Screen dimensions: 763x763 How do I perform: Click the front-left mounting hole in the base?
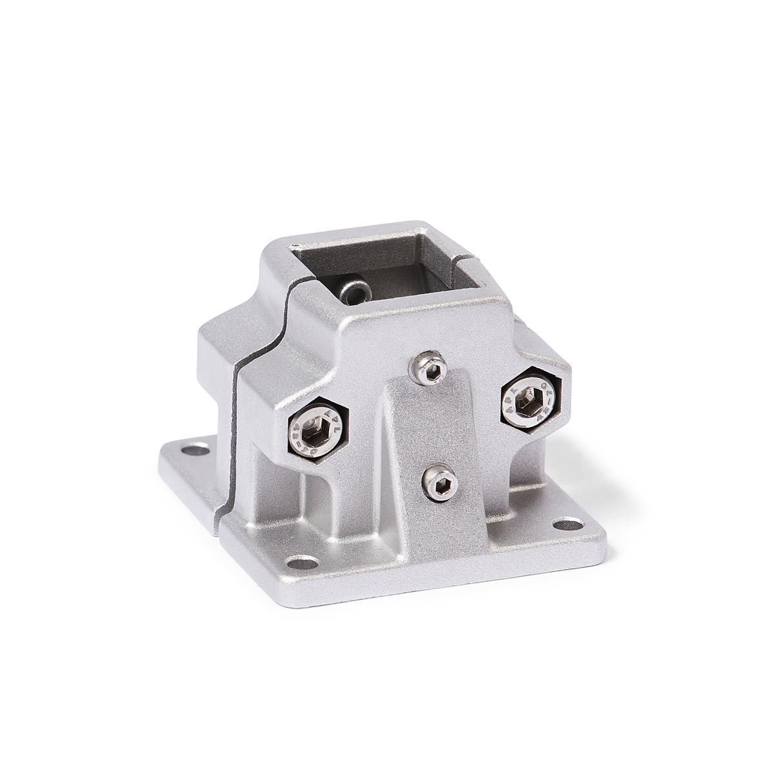tap(308, 563)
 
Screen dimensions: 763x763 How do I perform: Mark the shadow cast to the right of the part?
tap(620, 472)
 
